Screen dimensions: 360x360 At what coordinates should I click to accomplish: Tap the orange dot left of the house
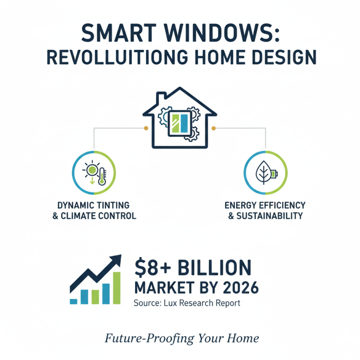tap(146, 128)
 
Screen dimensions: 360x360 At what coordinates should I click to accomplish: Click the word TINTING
tap(115, 205)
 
